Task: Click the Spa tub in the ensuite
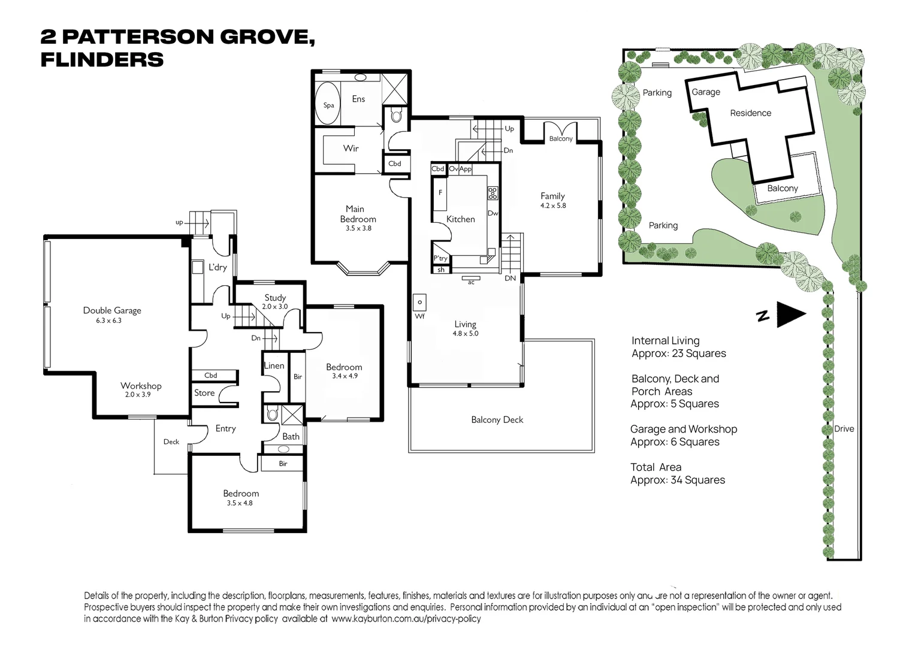pos(328,104)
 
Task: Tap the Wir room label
pos(351,148)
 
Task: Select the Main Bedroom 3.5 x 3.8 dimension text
pos(358,228)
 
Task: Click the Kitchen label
pos(461,219)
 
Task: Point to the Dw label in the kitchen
pos(493,213)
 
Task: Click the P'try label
pos(440,258)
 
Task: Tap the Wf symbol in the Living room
pos(419,303)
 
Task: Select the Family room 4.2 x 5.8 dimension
pos(553,205)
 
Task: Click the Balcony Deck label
pos(497,420)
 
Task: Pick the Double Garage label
pos(112,310)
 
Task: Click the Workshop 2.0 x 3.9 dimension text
pos(138,395)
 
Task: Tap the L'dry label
pos(218,267)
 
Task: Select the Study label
pos(275,297)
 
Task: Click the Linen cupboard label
pos(274,365)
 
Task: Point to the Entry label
pos(226,428)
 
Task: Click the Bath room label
pos(291,436)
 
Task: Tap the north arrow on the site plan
pos(790,314)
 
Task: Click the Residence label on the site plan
pos(750,113)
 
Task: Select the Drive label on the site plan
pos(844,429)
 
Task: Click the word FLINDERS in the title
pos(102,60)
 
